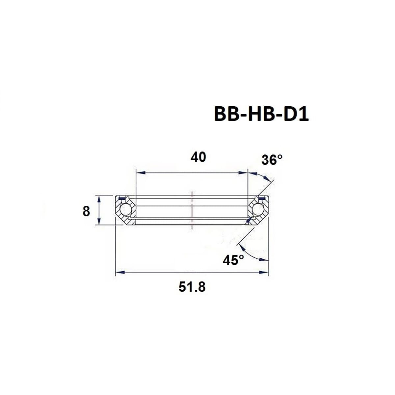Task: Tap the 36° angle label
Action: tap(272, 160)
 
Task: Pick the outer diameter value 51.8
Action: tap(192, 287)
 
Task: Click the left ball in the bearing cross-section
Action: tap(125, 209)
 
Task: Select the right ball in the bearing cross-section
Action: tap(257, 209)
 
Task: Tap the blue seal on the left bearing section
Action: tap(121, 198)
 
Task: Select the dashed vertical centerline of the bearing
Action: tap(192, 211)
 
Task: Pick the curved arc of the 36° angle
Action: tap(263, 175)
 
